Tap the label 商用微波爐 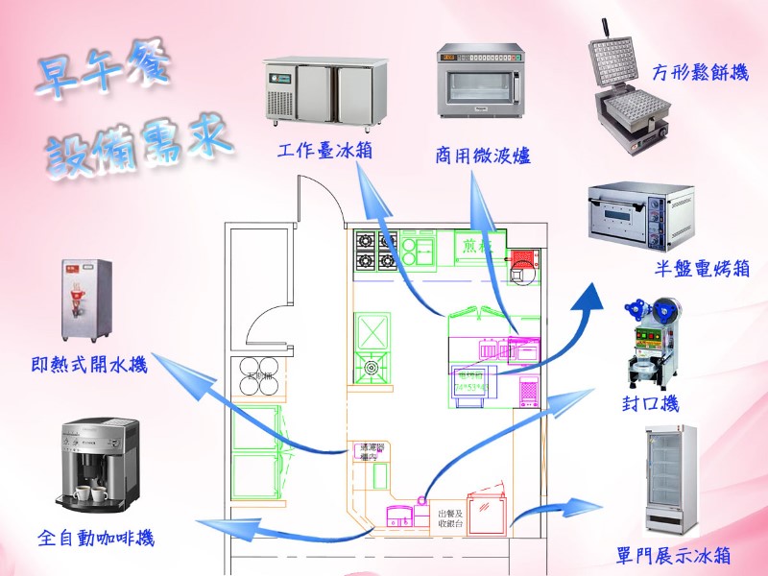pyautogui.click(x=483, y=155)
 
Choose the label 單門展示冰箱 pyautogui.click(x=674, y=556)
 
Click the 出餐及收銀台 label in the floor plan pyautogui.click(x=446, y=520)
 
